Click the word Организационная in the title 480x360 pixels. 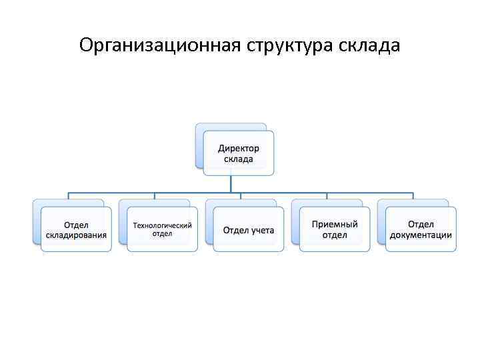click(160, 46)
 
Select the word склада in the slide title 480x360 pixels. click(370, 46)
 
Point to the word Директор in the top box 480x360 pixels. click(239, 149)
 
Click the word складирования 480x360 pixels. click(76, 235)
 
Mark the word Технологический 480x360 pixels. click(162, 225)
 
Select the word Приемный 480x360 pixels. click(335, 225)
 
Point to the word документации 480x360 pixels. click(421, 235)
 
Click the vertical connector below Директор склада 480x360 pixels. click(231, 184)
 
